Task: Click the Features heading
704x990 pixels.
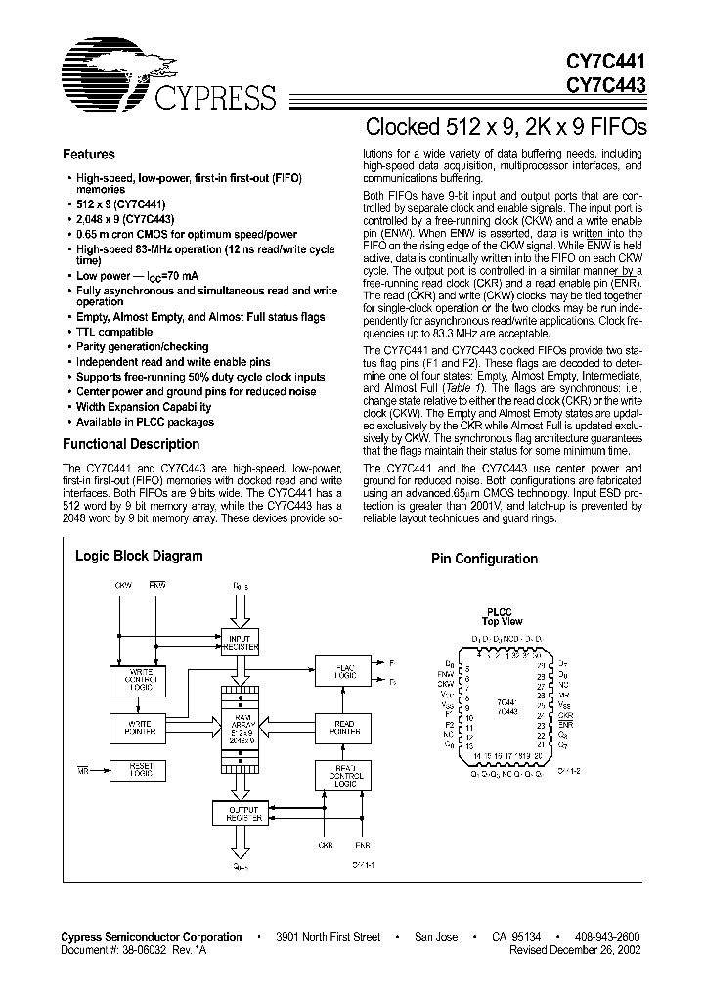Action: point(88,154)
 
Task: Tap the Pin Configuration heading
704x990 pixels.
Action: point(484,559)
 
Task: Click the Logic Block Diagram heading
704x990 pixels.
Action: point(139,556)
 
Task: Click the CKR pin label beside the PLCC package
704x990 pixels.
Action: point(564,715)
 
